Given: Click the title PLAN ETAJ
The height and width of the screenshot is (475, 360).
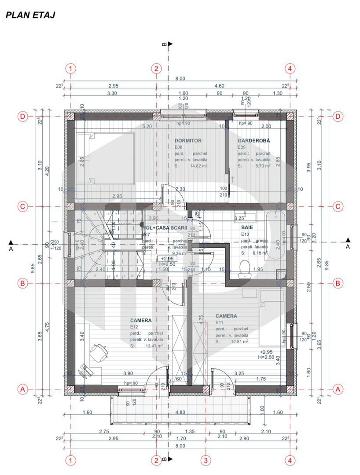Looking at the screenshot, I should click(x=29, y=15).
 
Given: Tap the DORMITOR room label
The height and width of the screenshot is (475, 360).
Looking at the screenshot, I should click(x=188, y=141).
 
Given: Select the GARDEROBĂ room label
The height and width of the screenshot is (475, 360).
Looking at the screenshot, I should click(x=254, y=141).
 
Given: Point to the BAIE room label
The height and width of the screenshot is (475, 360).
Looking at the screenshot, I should click(x=247, y=227).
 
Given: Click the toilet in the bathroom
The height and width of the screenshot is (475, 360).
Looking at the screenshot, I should click(x=244, y=269).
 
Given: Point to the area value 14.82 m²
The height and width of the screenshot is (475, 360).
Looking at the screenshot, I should click(x=198, y=166).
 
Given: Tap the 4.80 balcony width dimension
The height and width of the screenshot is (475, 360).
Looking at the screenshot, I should click(x=180, y=413).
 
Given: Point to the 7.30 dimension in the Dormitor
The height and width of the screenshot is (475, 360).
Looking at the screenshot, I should click(x=180, y=189).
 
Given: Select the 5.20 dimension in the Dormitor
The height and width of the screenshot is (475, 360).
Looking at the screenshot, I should click(x=147, y=126).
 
